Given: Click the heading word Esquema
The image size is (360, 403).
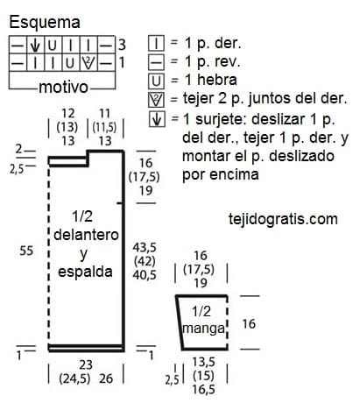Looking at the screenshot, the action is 45,23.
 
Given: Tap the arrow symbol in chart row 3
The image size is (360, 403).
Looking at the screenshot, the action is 35,45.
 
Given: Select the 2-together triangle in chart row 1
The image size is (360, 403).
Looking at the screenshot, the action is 88,63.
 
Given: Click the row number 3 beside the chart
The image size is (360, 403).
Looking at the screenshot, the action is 122,45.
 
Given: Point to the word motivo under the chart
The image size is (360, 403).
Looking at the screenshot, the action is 64,87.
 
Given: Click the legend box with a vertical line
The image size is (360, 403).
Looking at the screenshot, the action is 157,44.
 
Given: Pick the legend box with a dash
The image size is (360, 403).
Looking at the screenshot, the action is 157,62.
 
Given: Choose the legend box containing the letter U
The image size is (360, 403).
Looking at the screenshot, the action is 157,81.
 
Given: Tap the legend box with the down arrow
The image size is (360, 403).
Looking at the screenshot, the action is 157,119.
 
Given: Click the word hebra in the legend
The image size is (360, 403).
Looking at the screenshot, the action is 217,80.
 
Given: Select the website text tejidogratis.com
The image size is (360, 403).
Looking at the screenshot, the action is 283,219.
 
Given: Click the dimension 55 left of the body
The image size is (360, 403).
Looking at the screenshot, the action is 26,251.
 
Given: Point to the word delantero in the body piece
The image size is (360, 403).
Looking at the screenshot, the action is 86,235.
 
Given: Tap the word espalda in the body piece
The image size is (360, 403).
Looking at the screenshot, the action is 85,272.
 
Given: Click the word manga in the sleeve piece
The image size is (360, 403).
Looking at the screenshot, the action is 203,329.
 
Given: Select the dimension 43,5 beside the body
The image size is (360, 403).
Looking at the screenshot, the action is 145,247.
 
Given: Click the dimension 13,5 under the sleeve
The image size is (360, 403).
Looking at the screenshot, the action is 203,362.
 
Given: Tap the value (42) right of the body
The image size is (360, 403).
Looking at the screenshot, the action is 145,261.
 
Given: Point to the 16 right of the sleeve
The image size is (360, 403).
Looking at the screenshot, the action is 249,323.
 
